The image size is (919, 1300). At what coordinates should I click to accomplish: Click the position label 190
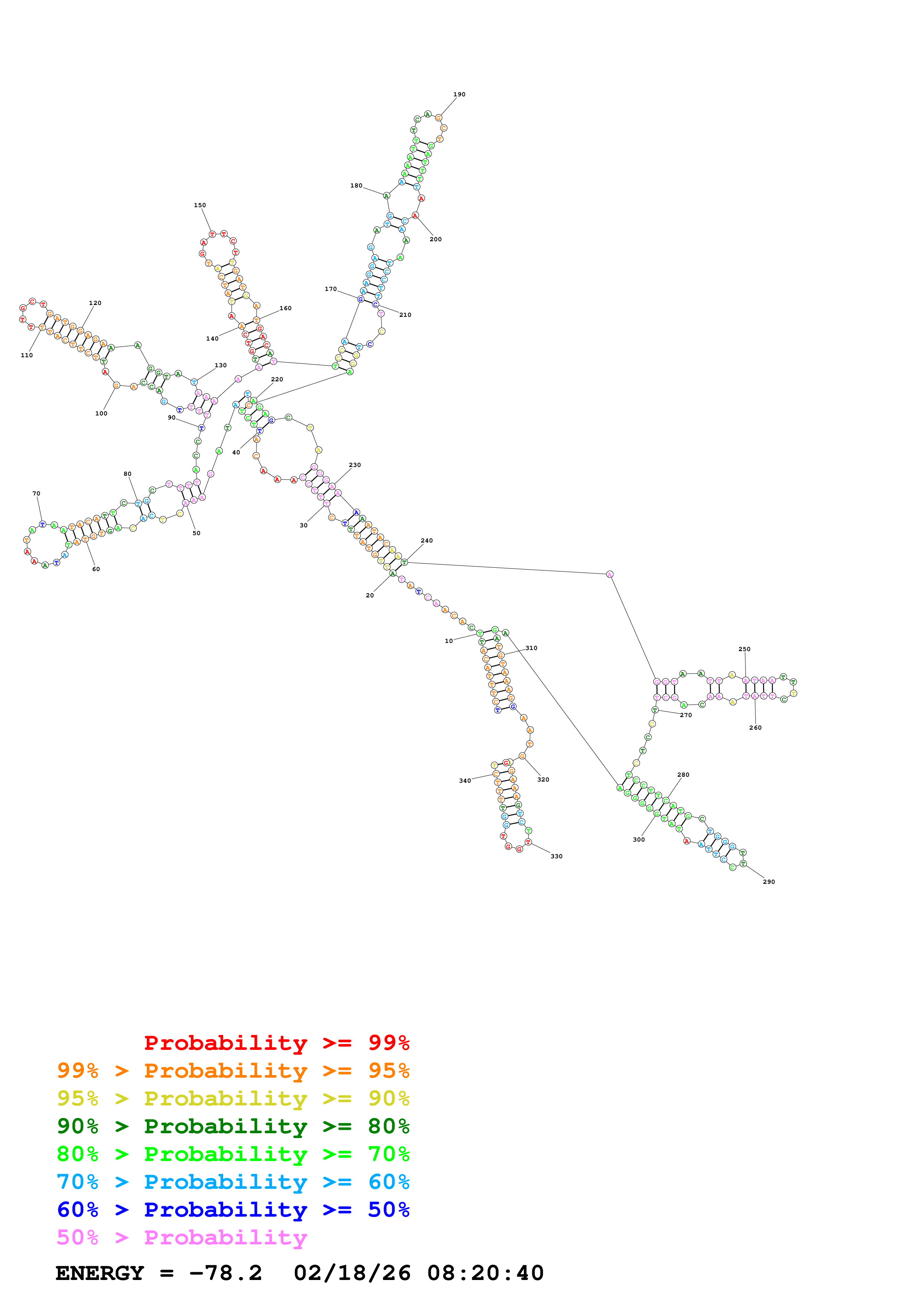tap(459, 94)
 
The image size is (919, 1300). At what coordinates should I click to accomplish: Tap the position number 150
tap(200, 206)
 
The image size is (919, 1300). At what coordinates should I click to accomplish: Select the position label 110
tap(27, 356)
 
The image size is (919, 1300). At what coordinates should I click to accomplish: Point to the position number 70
tap(36, 494)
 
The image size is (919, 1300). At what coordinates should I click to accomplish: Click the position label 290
tap(768, 882)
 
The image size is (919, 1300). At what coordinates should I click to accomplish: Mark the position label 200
tap(436, 239)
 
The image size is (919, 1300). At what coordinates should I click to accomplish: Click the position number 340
tap(465, 781)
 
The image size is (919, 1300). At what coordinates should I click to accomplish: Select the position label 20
tap(370, 596)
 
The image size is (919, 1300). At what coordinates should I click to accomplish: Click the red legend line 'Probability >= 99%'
tap(276, 1043)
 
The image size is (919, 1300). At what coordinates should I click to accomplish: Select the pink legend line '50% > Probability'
tap(182, 1238)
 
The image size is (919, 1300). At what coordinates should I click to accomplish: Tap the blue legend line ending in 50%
tap(233, 1210)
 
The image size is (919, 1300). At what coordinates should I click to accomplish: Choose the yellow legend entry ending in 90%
tap(233, 1098)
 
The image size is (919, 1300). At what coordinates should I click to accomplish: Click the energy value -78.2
tap(225, 1273)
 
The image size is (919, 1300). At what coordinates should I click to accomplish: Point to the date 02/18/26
tap(352, 1273)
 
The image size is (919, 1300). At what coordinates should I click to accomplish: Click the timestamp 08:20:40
tap(485, 1273)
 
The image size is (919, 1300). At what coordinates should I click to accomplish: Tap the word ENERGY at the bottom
tap(100, 1273)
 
